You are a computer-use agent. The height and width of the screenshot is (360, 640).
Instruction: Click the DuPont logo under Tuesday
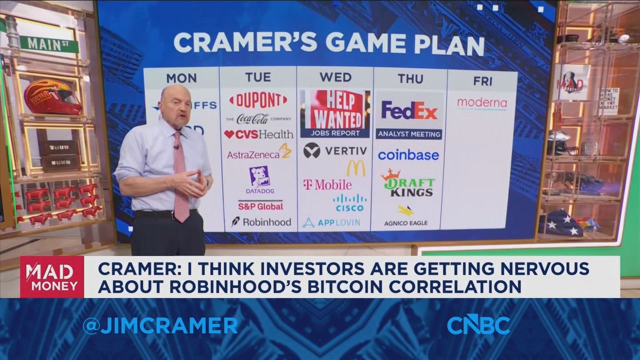point(258,100)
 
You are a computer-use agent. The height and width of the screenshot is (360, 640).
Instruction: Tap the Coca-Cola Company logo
point(258,118)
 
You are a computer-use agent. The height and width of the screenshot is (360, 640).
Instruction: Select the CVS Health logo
point(258,134)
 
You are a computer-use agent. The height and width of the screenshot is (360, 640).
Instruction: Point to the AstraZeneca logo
point(258,154)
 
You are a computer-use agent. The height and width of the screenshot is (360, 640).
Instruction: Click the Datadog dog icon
point(260,177)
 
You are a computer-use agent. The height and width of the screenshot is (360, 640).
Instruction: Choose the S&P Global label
point(260,206)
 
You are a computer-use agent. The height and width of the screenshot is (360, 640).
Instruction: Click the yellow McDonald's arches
point(356,168)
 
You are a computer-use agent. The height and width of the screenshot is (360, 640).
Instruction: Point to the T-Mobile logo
point(328,184)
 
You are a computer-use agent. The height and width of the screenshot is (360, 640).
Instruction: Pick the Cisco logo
point(350,203)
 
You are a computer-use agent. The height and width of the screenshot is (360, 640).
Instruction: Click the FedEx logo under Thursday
point(409,110)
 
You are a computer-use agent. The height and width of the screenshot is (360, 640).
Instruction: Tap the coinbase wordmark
point(408,155)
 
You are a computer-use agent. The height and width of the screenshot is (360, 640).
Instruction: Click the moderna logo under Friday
point(482,103)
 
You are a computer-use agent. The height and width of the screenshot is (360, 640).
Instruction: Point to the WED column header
point(335,77)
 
